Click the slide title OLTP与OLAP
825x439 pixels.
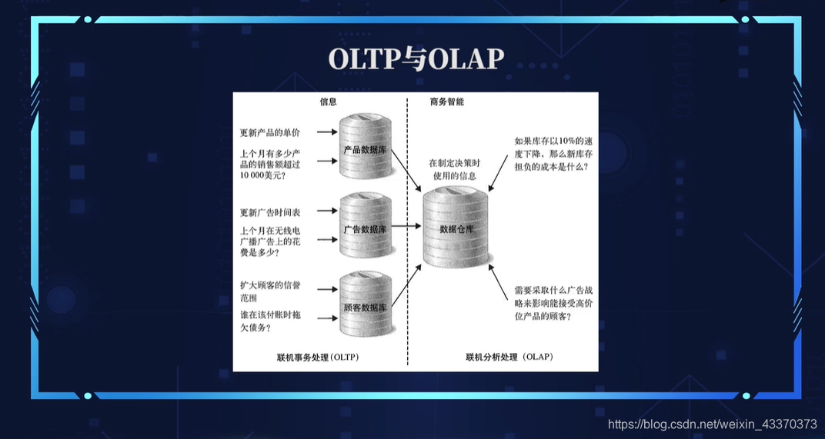[416, 59]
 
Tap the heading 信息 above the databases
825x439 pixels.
[329, 102]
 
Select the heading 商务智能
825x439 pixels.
[446, 102]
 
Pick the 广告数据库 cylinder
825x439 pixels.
[365, 228]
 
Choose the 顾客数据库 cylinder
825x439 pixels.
[365, 307]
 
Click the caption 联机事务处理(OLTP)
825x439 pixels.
[318, 358]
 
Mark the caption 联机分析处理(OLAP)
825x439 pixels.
[509, 358]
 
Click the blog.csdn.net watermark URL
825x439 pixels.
[712, 424]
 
